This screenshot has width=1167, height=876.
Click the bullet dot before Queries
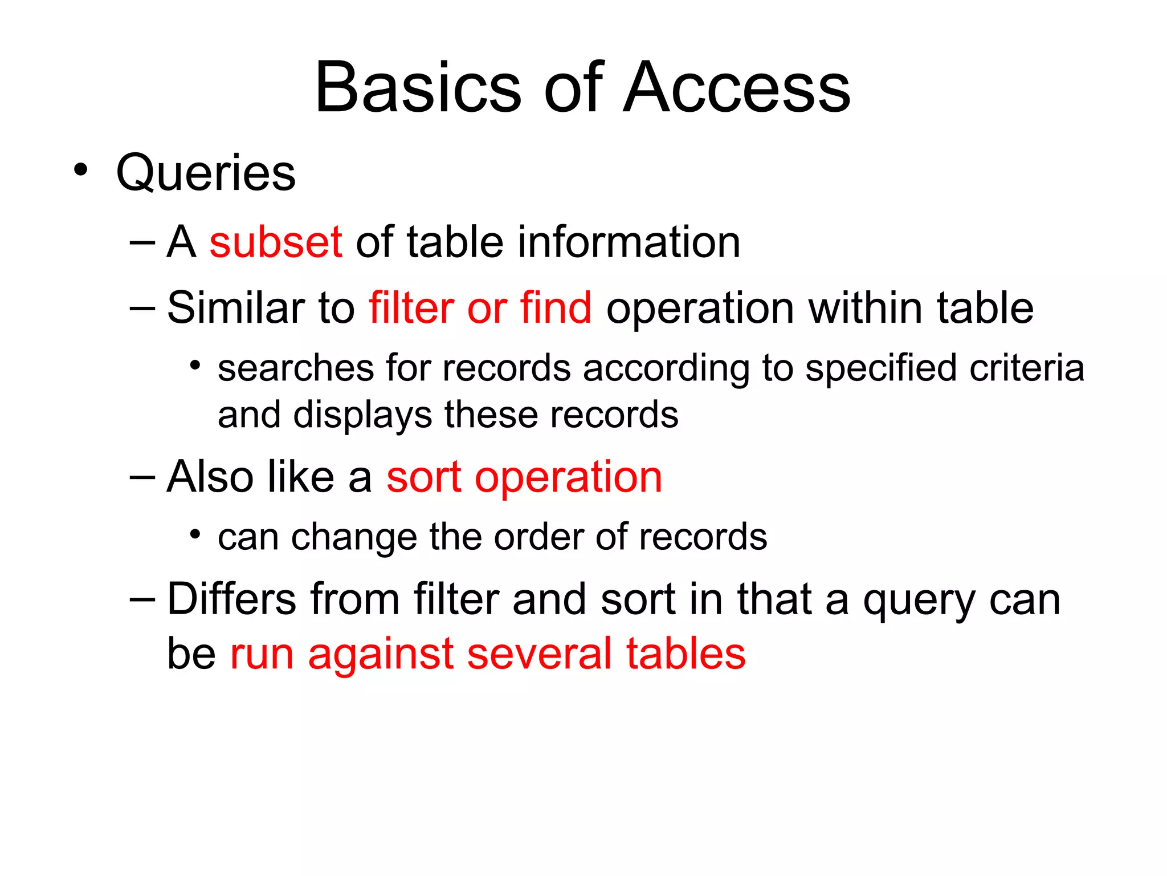pyautogui.click(x=81, y=169)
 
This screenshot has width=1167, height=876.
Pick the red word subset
pyautogui.click(x=276, y=242)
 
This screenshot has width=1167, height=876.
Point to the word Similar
pyautogui.click(x=235, y=308)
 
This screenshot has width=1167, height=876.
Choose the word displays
pyautogui.click(x=362, y=415)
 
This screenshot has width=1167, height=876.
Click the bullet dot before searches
pyautogui.click(x=195, y=365)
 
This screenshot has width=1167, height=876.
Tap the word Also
pyautogui.click(x=210, y=477)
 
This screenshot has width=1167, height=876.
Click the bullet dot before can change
pyautogui.click(x=195, y=534)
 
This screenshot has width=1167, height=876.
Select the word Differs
pyautogui.click(x=232, y=599)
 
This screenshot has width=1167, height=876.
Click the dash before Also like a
pyautogui.click(x=142, y=477)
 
